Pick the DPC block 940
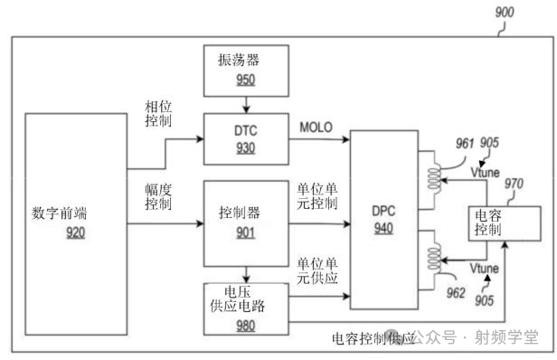pyautogui.click(x=385, y=220)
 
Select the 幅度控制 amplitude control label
pyautogui.click(x=161, y=195)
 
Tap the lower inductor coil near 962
pyautogui.click(x=434, y=253)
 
